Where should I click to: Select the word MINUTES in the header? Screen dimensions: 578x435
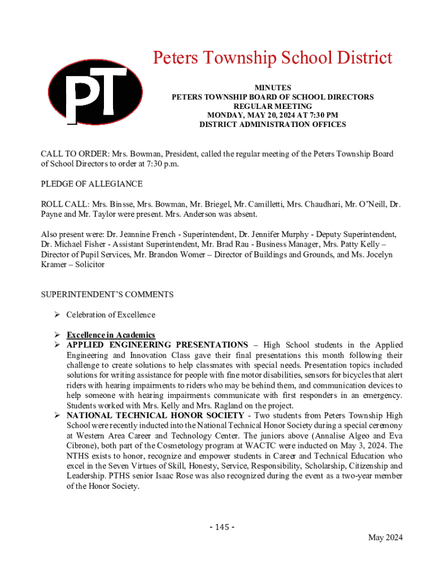click(273, 87)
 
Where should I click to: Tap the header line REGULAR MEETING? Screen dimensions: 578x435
click(273, 106)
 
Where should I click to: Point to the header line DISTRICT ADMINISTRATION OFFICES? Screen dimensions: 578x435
click(273, 124)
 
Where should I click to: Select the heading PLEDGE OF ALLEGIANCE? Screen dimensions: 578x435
click(92, 184)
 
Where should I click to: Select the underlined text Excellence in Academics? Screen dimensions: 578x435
click(111, 335)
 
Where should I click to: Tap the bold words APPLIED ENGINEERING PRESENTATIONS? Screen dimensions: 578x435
click(157, 345)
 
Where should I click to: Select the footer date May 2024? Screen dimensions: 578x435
click(386, 537)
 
